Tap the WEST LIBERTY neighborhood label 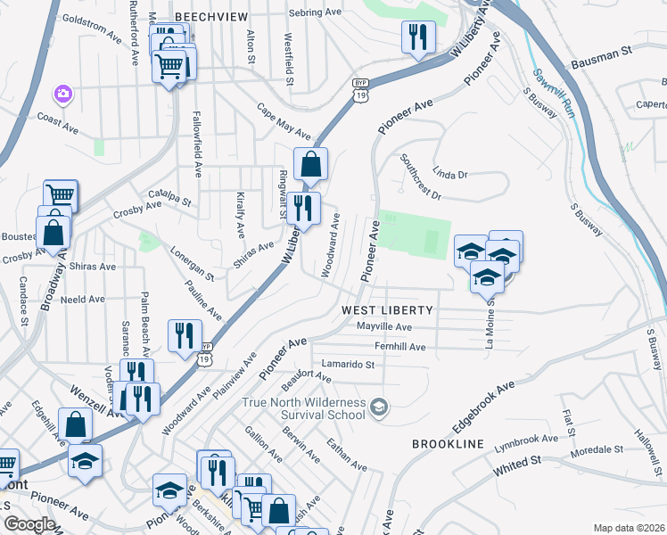pyautogui.click(x=387, y=310)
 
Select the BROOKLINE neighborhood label pyautogui.click(x=448, y=444)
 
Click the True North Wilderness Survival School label pyautogui.click(x=305, y=408)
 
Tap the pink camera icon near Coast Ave pyautogui.click(x=63, y=94)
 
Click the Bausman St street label pyautogui.click(x=601, y=63)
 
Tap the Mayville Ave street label pyautogui.click(x=384, y=327)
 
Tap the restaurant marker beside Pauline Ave pyautogui.click(x=185, y=337)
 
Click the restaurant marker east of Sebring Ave pyautogui.click(x=416, y=37)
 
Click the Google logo pyautogui.click(x=29, y=524)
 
